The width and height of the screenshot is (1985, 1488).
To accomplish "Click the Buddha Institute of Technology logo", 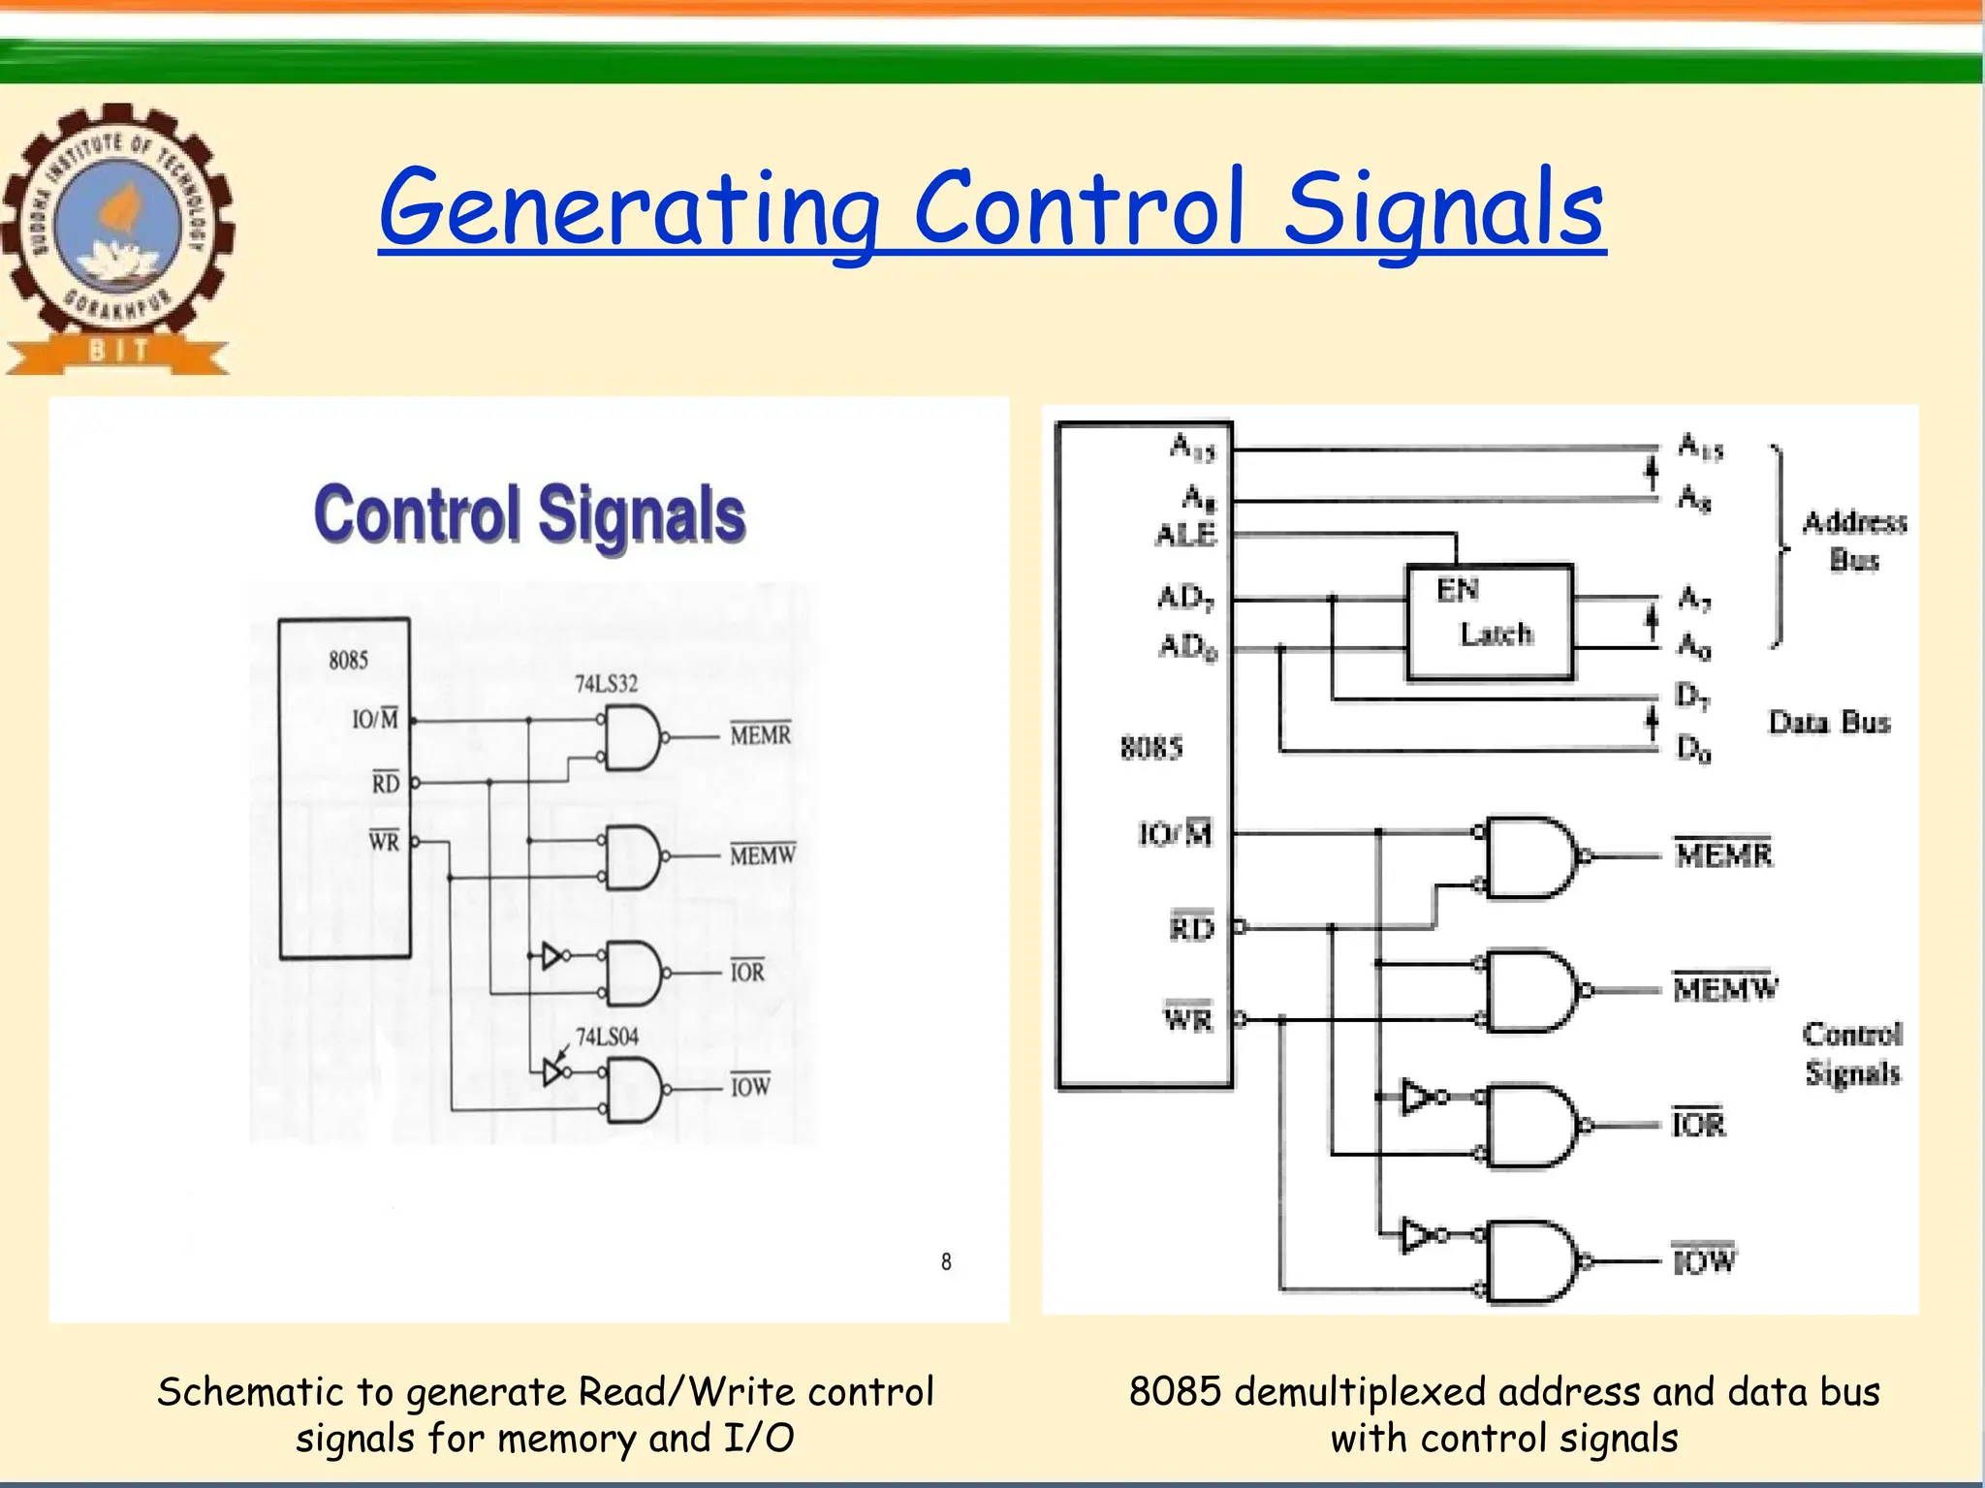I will point(118,237).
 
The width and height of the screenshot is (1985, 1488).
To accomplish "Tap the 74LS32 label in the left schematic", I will point(607,684).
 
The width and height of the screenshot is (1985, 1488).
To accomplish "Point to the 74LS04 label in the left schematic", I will point(608,1038).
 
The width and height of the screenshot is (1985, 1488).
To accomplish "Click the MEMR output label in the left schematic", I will point(761,735).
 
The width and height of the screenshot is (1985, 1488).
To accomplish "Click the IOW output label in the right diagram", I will point(1704,1260).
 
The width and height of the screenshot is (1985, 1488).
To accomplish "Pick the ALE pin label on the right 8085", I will point(1185,535).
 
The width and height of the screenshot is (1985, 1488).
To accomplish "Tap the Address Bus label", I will point(1854,542).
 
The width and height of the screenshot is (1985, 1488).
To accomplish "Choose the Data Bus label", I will point(1829,723).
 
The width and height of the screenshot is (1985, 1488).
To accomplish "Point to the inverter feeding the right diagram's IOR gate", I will point(1418,1098).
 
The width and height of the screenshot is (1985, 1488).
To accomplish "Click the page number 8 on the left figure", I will point(946,1261).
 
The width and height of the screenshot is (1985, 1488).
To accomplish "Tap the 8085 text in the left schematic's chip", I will point(348,661).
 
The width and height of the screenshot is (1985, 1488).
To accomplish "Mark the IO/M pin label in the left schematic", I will point(375,719).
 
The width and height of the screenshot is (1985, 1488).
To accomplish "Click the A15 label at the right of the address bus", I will point(1700,448).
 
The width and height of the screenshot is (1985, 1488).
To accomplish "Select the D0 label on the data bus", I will point(1693,748).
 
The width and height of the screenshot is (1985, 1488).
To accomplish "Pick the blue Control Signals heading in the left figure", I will point(530,514).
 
